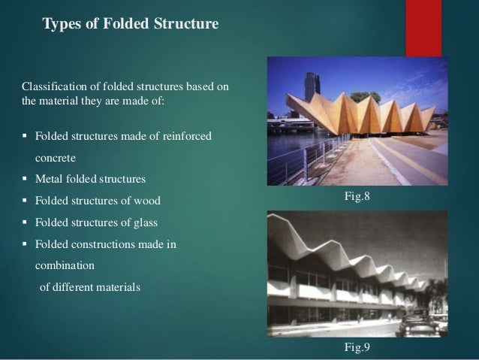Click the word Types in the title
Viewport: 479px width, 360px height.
62,25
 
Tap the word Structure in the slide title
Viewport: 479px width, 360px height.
188,25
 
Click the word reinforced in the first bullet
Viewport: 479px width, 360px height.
186,136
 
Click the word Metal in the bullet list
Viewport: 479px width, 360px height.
50,180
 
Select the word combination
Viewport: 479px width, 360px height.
65,265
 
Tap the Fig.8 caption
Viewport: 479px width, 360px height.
357,198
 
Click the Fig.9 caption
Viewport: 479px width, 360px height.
357,347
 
